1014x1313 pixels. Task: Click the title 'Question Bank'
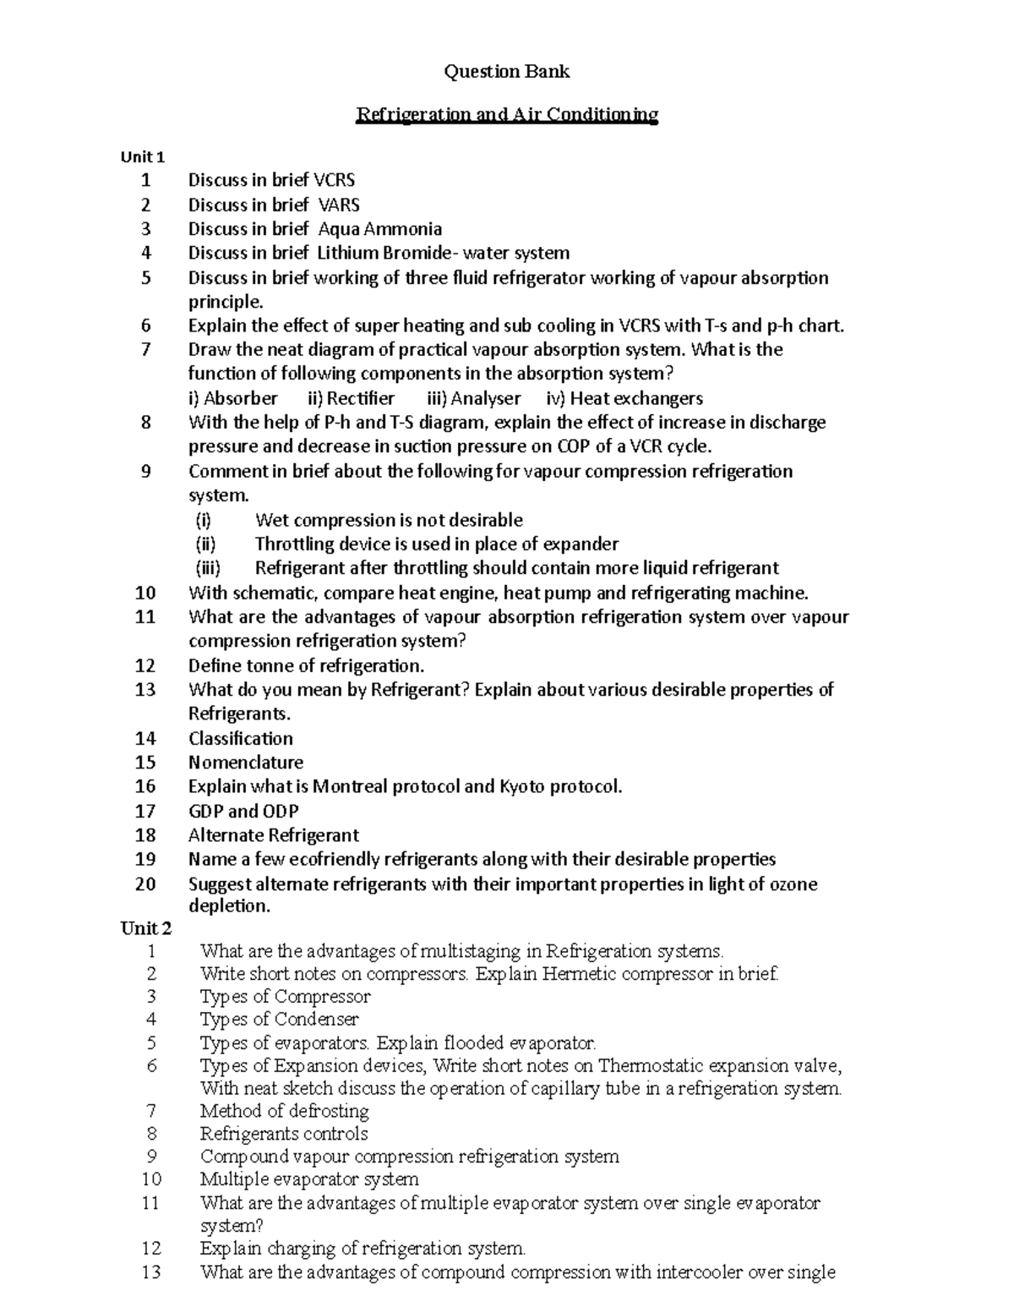(x=507, y=72)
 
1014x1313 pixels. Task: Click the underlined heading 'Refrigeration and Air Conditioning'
(x=506, y=114)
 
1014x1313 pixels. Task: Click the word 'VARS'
(x=339, y=205)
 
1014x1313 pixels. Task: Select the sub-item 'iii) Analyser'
(x=475, y=398)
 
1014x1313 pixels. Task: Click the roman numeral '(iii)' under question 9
(x=208, y=568)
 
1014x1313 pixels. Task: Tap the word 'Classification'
(x=240, y=738)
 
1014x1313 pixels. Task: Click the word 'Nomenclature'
(x=245, y=763)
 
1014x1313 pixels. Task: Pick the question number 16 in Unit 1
(x=145, y=786)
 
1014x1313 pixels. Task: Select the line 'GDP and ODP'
(x=243, y=811)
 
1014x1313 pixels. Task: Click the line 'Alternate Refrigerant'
(x=273, y=835)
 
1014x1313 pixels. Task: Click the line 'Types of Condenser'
(x=279, y=1020)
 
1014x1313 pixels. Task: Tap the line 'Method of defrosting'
(x=284, y=1111)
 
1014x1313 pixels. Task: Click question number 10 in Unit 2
(x=151, y=1179)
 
